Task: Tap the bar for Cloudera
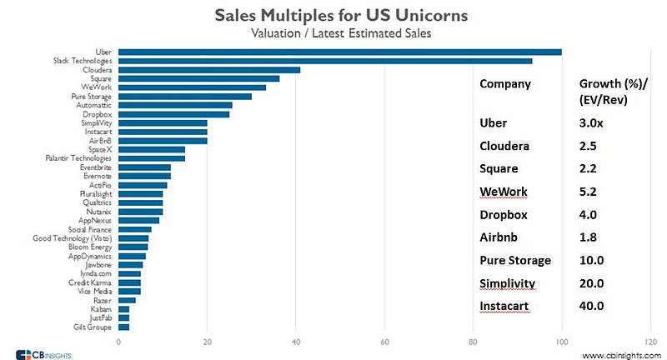point(209,70)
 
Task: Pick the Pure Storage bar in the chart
point(185,97)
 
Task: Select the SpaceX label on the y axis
point(102,150)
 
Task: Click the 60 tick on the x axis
point(384,342)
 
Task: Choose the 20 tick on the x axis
point(208,342)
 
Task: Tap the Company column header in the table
point(505,84)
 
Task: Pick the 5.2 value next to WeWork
point(589,192)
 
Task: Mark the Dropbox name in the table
point(504,214)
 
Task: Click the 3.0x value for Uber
point(592,123)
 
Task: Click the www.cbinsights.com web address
point(618,354)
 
